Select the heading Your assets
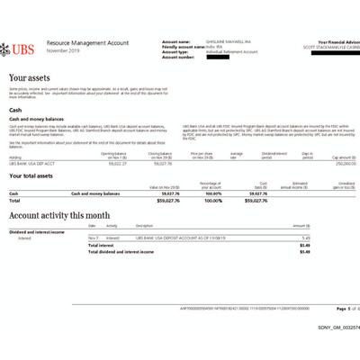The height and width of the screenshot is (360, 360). coord(31,79)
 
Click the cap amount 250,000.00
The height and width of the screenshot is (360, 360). coord(336,163)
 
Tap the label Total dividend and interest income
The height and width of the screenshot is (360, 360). coord(126,252)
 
